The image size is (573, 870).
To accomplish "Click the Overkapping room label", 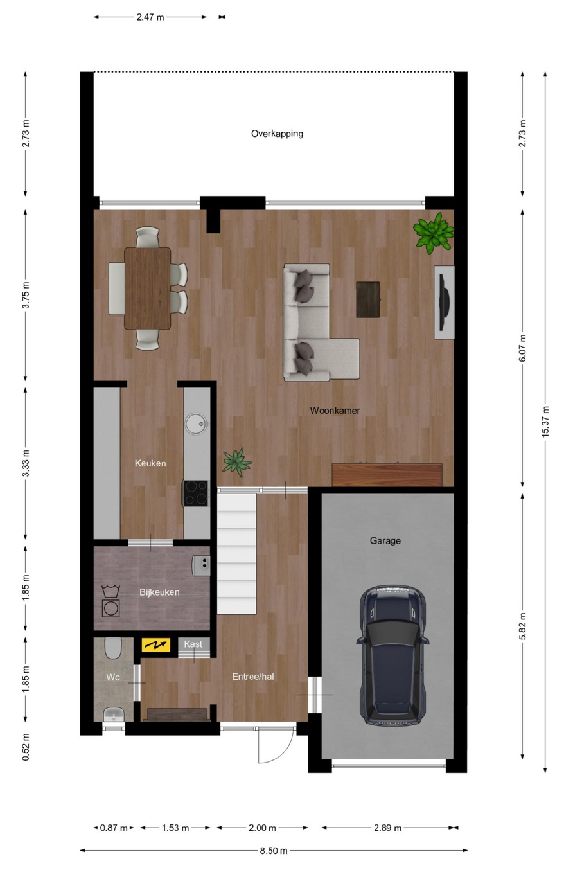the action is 277,134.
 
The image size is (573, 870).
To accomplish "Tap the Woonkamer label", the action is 335,411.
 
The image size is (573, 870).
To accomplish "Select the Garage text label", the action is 385,540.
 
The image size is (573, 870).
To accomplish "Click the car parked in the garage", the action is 392,655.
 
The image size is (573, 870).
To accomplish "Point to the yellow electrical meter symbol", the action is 155,645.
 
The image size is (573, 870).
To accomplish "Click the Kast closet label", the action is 193,644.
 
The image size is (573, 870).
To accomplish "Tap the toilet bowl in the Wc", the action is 113,648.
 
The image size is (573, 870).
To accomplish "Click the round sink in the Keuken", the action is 197,423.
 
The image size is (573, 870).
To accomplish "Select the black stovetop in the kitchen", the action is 195,493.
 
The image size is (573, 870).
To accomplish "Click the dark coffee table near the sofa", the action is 368,299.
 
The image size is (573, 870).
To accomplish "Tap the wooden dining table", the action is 148,289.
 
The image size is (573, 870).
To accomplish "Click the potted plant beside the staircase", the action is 237,462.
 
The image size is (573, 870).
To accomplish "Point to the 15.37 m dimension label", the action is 545,422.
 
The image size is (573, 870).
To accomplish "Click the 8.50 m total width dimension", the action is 274,851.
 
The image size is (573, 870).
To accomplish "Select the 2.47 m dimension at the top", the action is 150,17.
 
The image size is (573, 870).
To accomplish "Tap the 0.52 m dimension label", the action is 26,747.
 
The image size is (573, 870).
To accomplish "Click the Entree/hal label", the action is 252,677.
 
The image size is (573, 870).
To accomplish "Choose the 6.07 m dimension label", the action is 522,348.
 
